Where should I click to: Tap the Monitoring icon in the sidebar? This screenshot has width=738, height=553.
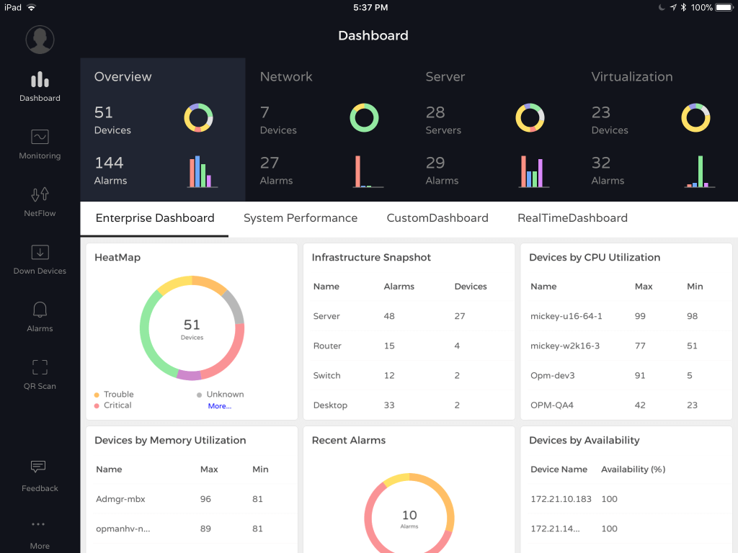40,137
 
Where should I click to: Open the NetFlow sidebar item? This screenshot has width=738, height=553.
40,194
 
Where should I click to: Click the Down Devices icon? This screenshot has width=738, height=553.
40,252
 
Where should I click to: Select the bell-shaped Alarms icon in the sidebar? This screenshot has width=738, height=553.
40,310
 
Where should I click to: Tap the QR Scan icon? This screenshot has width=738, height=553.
40,367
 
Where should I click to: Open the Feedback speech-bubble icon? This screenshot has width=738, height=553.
39,467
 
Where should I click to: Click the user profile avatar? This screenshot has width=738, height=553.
40,40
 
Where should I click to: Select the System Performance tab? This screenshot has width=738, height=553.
301,218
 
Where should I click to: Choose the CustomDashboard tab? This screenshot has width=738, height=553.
437,218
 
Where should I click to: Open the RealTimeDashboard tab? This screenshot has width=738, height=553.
572,218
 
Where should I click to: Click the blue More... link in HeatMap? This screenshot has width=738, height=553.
220,406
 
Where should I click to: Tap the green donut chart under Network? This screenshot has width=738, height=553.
364,117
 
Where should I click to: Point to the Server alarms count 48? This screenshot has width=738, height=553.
389,316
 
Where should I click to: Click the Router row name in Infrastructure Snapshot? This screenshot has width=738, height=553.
327,346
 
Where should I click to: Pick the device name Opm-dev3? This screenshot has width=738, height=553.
552,375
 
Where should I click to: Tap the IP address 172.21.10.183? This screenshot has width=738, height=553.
561,499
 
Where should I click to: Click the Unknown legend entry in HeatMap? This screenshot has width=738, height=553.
224,395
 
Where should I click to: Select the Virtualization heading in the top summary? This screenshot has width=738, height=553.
632,77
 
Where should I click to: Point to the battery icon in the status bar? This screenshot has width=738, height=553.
724,7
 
